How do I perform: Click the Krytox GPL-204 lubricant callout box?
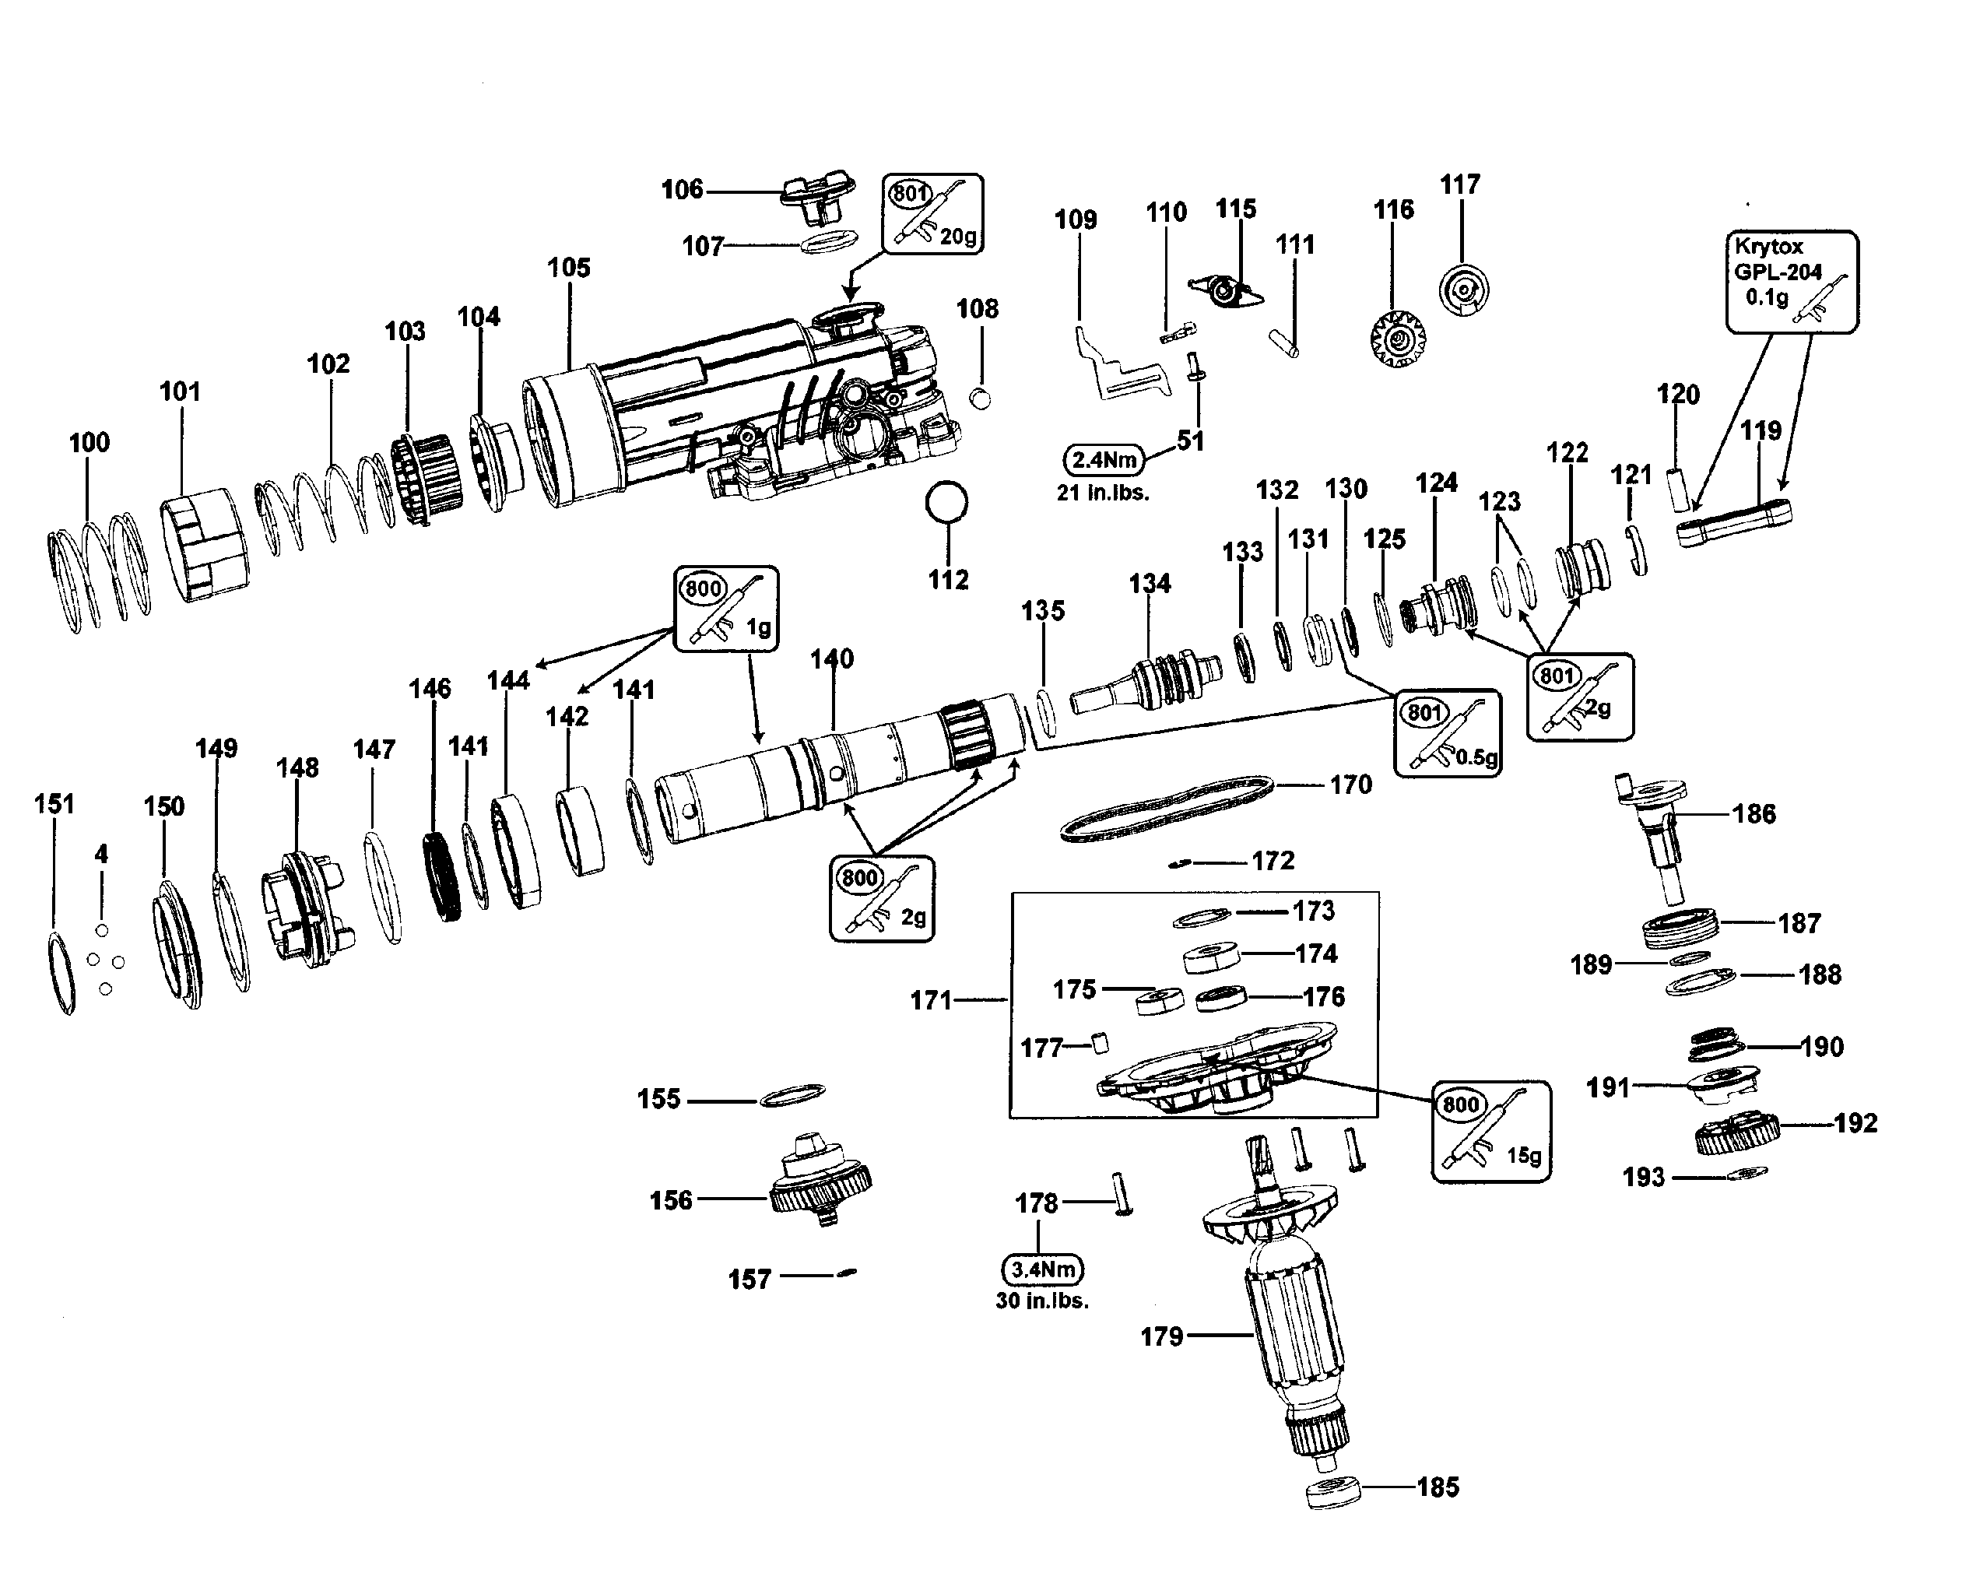tap(1791, 281)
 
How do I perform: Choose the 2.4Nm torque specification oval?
tap(1104, 459)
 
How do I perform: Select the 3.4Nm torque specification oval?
tap(1042, 1269)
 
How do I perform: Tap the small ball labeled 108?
tap(981, 398)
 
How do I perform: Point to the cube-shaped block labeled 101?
tap(205, 545)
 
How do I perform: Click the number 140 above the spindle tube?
tap(832, 658)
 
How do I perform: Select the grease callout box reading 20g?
tap(932, 213)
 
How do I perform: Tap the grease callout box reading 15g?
tap(1490, 1130)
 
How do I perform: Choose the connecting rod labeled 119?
tap(1734, 523)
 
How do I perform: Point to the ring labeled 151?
tap(61, 972)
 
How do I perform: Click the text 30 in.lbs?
tap(1042, 1301)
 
